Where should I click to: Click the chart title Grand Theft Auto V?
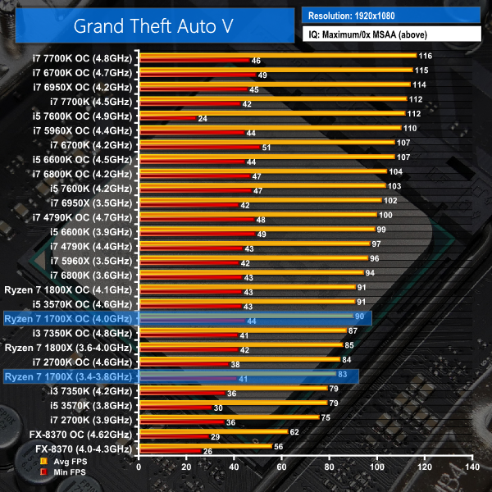(153, 25)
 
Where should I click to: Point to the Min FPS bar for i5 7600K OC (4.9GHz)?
(167, 119)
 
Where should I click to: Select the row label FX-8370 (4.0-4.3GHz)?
(83, 449)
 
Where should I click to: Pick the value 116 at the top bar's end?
(425, 56)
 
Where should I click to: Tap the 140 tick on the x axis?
(471, 466)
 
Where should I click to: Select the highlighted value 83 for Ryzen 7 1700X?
(343, 374)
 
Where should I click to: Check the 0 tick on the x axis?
(139, 466)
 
